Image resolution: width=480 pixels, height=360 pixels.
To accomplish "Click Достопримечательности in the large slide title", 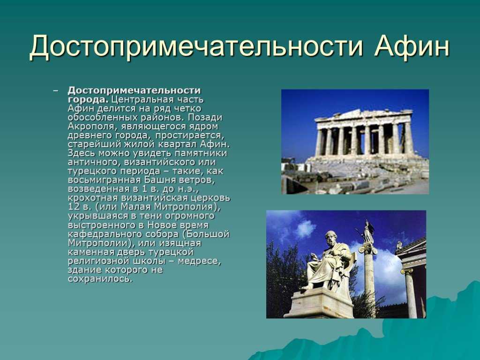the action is coord(196,47).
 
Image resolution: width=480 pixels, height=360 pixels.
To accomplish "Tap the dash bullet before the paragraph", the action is coord(55,91).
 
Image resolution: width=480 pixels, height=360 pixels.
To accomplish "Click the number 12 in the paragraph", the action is coord(74,207).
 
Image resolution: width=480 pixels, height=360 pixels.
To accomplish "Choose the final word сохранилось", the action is coord(100,279).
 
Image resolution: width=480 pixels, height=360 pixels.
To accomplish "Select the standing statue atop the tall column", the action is coord(367,232).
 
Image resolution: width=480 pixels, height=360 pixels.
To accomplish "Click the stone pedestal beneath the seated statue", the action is coord(318,303).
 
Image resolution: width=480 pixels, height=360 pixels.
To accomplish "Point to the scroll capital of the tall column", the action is coord(368,250).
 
